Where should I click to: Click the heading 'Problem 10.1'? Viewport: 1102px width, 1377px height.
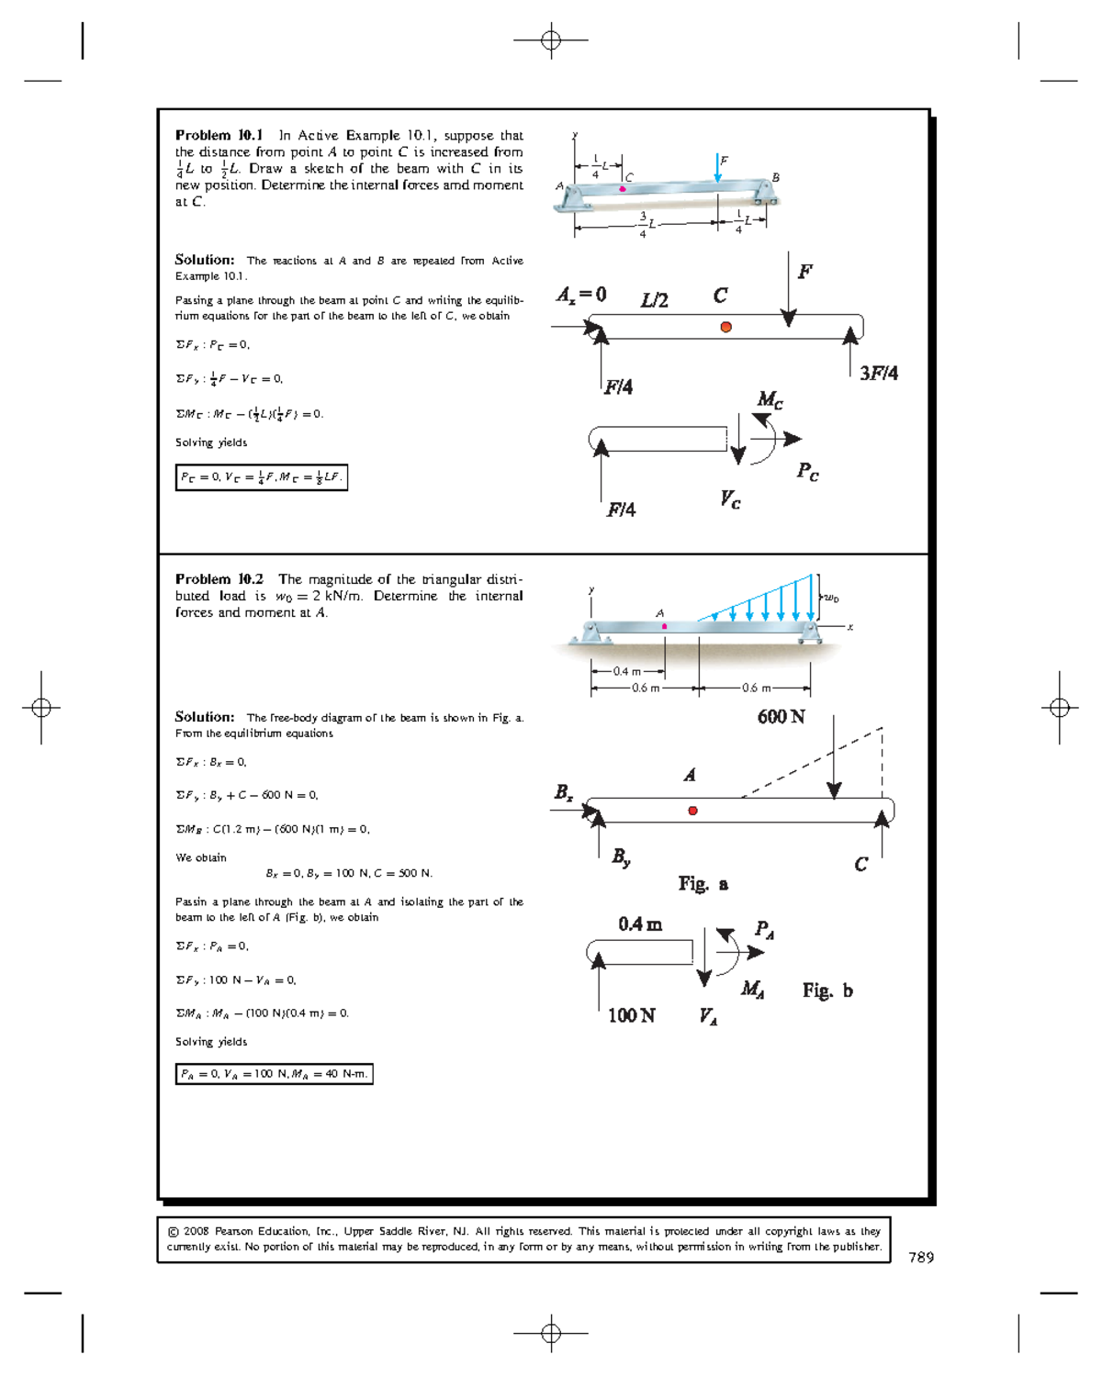click(x=219, y=135)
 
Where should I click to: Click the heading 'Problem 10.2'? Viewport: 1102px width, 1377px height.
click(x=219, y=579)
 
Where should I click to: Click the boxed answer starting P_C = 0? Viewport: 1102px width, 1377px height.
click(x=262, y=477)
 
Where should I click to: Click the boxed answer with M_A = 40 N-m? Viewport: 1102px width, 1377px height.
click(x=274, y=1074)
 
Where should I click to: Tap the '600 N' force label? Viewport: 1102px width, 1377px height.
click(x=781, y=717)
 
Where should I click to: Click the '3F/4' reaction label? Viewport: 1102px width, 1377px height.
click(x=878, y=373)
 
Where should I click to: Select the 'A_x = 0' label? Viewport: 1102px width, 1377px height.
click(x=581, y=295)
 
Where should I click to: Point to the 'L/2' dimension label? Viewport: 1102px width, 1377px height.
click(x=654, y=300)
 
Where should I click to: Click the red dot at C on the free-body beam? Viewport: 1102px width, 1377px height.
click(x=725, y=327)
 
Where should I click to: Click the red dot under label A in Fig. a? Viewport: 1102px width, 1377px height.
click(x=692, y=811)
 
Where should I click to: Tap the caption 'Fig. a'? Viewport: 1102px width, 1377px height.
click(x=703, y=884)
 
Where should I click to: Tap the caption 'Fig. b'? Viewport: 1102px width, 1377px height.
click(x=826, y=991)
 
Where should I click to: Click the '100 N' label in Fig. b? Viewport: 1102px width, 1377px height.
click(x=631, y=1015)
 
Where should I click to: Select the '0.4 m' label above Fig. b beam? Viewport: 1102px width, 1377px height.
click(x=640, y=924)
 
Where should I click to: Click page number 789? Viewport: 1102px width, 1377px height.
click(x=920, y=1258)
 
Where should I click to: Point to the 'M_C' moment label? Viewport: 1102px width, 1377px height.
click(x=770, y=399)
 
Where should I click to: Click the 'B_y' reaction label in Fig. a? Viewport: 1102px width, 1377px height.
click(x=622, y=857)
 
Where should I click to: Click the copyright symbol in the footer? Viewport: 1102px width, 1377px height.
click(x=173, y=1232)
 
